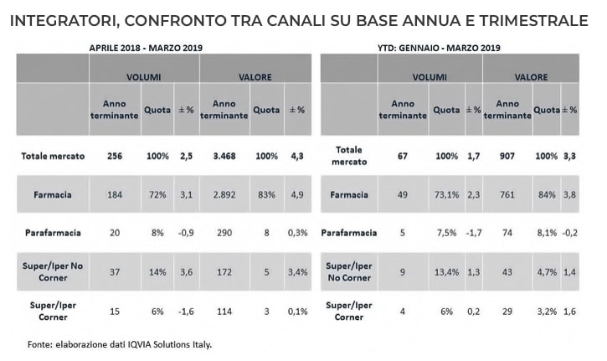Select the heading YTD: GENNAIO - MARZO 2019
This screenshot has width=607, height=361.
[448, 49]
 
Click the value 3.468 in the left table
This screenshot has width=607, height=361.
[223, 157]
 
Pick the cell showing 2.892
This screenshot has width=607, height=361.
[223, 195]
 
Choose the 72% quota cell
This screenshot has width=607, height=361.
[157, 195]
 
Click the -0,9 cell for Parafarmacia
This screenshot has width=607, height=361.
[186, 234]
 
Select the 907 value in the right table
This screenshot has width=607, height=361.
[507, 157]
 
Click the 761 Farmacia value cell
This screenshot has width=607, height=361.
[507, 195]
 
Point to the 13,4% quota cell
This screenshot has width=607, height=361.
[445, 272]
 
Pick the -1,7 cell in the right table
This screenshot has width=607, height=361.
[473, 234]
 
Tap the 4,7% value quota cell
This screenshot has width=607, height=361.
[545, 272]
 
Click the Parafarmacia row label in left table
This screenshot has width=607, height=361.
[48, 234]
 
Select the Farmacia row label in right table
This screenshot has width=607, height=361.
[348, 195]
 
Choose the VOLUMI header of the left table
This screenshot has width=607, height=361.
[143, 77]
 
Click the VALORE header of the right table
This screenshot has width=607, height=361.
[531, 77]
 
